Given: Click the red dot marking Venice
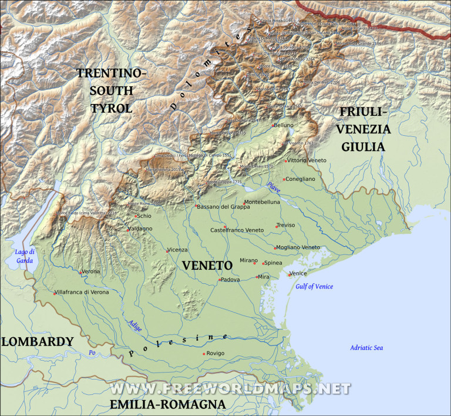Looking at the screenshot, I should pos(289,274).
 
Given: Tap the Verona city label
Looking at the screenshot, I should pos(91,271).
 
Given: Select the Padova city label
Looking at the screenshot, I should pos(231,280).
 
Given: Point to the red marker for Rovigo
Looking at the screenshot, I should pos(204,354).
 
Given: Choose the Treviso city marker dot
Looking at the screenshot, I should pos(277,226).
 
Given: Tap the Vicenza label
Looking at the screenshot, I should pos(178,250).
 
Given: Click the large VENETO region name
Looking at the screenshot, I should pos(207,266).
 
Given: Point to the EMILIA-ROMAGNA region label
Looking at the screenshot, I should pos(168,404).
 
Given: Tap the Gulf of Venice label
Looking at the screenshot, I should pos(314,286).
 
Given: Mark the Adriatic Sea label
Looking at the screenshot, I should pos(366,348).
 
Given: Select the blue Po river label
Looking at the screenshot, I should pos(92,353).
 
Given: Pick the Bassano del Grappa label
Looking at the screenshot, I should pos(223,206).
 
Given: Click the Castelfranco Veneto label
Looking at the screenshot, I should pos(237,230).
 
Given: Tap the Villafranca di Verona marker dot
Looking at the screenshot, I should pos(55,293).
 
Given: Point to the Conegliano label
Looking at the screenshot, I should pos(301,179).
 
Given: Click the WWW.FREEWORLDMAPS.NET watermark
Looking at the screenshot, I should pos(230,389).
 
